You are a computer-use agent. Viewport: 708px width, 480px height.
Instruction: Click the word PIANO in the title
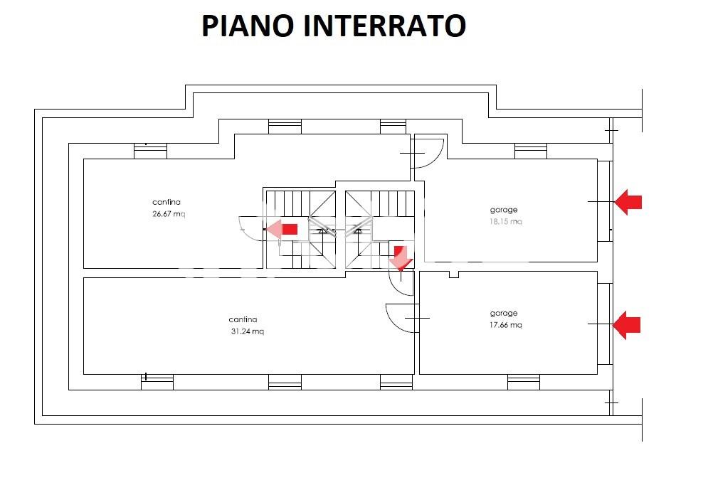point(249,26)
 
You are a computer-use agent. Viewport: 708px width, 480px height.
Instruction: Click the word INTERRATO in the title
point(385,26)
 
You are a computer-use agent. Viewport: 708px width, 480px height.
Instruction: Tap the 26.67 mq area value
point(169,214)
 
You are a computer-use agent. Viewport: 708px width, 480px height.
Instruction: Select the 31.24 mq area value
point(247,331)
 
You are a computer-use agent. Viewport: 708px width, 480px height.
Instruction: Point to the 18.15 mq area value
point(506,221)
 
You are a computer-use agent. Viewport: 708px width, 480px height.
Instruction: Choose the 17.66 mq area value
point(505,325)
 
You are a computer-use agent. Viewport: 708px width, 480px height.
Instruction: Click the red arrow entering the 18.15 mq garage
point(628,202)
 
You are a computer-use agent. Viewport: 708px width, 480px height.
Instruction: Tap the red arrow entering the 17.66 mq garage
point(627,325)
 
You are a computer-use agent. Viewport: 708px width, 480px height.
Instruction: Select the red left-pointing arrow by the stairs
point(282,229)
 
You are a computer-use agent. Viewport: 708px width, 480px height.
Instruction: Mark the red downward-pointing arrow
point(401,257)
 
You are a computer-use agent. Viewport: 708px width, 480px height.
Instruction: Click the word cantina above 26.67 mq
point(167,202)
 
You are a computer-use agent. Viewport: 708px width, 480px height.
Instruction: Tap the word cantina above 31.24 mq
point(243,319)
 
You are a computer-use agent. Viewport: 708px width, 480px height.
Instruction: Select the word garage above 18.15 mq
point(504,210)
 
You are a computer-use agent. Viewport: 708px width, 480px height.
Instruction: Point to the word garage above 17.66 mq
point(504,313)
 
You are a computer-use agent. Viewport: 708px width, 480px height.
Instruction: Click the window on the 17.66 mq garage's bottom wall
point(523,382)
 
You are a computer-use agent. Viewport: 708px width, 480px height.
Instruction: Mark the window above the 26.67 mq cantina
point(150,151)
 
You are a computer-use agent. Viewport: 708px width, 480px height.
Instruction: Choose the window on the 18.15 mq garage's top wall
point(530,151)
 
